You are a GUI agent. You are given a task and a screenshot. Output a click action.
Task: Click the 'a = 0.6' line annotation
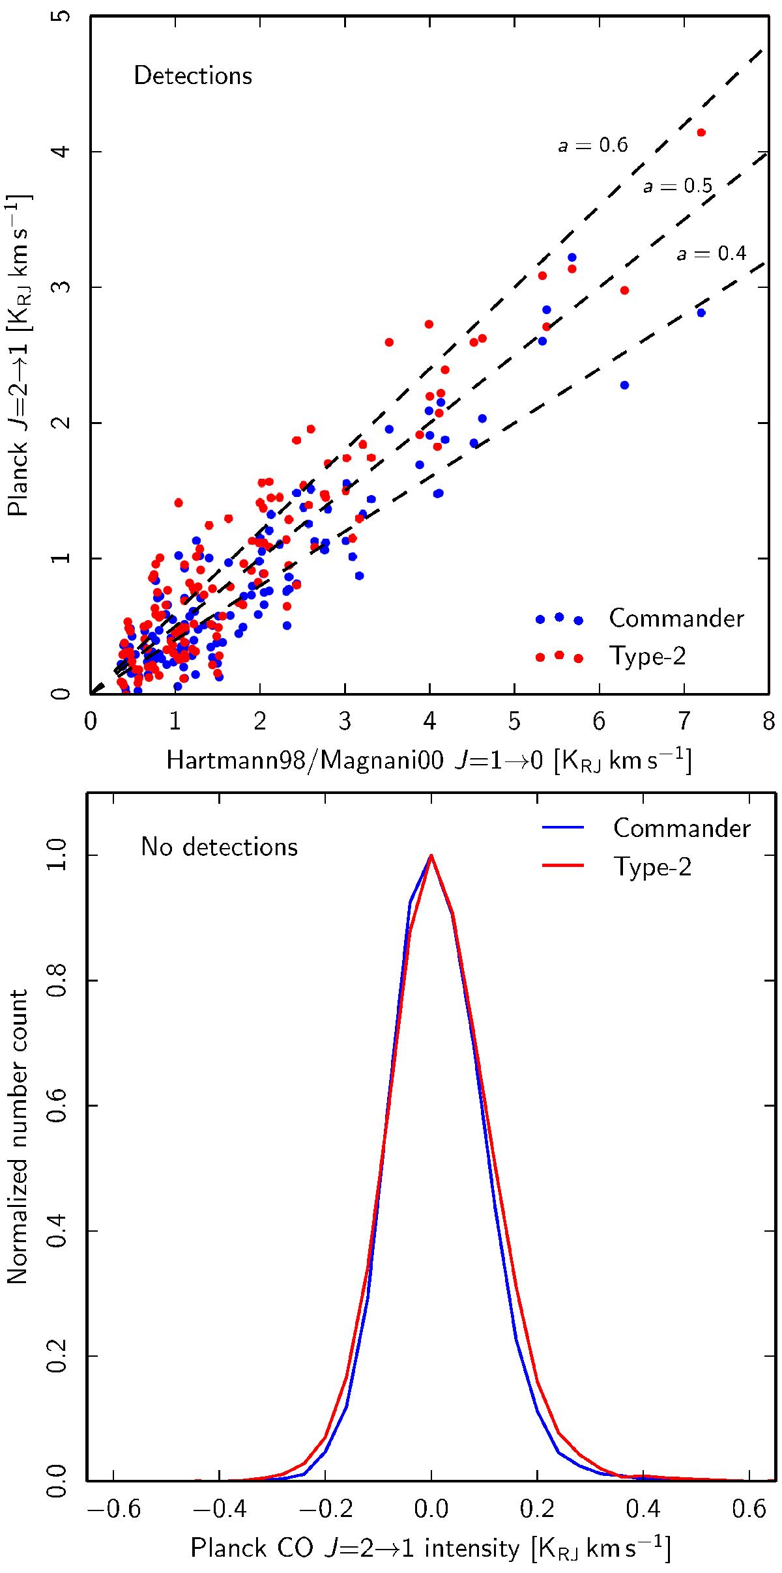point(592,145)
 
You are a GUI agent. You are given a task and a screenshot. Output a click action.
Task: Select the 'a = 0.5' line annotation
point(678,187)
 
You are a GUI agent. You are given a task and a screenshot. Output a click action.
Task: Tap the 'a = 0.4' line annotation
point(711,253)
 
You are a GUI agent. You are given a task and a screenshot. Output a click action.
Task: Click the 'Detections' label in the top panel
point(193,76)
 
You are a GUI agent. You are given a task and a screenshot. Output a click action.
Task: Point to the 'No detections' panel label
point(219,847)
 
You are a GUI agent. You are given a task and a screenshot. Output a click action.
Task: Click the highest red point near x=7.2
point(701,132)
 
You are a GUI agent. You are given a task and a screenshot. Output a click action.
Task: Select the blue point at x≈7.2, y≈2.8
point(701,313)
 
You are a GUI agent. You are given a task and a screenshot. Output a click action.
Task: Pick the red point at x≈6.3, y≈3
point(624,290)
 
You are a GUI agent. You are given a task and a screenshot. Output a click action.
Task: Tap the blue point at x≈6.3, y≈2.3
point(624,385)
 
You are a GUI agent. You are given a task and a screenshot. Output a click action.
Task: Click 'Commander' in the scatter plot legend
point(676,618)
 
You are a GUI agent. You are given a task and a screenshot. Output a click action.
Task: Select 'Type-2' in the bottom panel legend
point(652,867)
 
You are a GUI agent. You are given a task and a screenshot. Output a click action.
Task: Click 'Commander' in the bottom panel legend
point(682,829)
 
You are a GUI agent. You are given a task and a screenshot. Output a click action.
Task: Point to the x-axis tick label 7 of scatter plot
point(684,722)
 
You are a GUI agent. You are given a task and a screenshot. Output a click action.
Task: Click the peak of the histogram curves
point(431,856)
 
